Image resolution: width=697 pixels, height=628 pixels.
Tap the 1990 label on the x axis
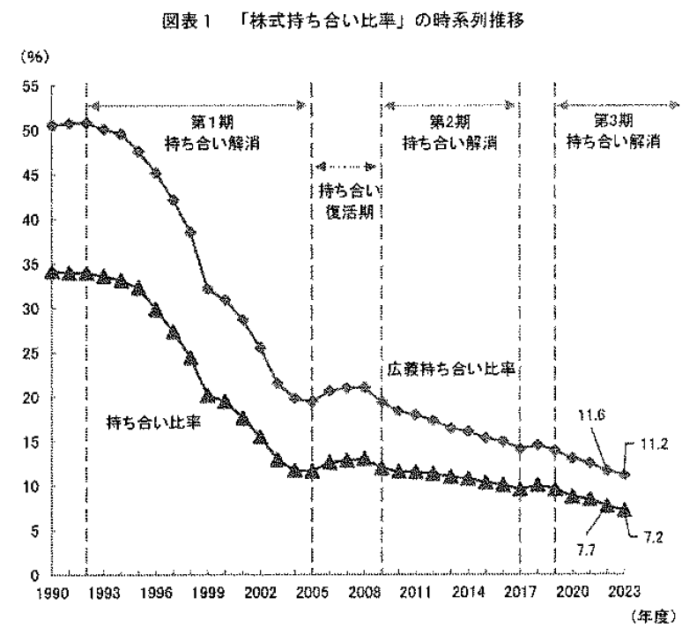click(52, 591)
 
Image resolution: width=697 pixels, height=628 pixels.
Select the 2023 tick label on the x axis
click(623, 591)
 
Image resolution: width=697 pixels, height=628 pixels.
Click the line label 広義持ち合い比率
click(450, 366)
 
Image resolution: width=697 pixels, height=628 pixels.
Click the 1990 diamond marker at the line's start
click(52, 126)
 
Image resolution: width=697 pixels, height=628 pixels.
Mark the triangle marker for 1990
click(52, 272)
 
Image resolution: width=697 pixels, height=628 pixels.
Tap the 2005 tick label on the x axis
click(311, 591)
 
